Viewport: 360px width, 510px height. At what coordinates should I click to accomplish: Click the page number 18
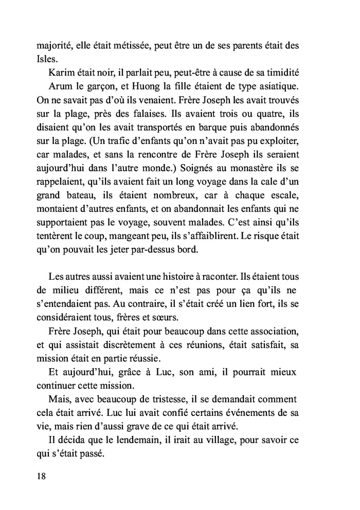point(42,476)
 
